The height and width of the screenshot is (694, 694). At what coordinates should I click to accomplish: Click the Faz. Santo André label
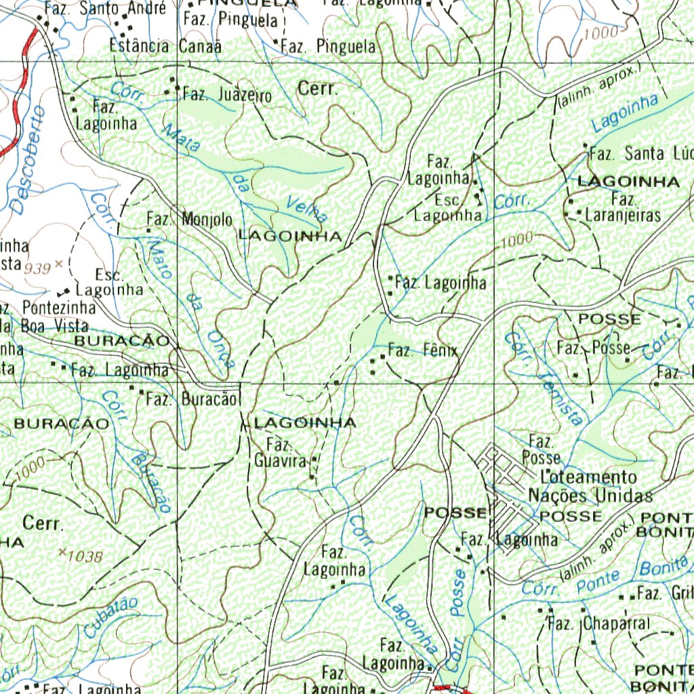(x=105, y=9)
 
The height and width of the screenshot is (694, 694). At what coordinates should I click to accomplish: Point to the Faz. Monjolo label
(x=190, y=220)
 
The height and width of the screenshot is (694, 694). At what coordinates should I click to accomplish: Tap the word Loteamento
(x=588, y=477)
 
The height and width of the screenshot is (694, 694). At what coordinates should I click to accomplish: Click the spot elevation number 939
(x=37, y=268)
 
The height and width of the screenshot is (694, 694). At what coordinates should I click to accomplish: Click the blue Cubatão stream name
(x=112, y=617)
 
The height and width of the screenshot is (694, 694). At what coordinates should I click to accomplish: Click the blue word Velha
(x=307, y=208)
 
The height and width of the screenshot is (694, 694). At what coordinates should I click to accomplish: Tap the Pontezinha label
(x=58, y=307)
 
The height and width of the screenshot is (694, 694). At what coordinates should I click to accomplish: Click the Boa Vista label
(x=54, y=325)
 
